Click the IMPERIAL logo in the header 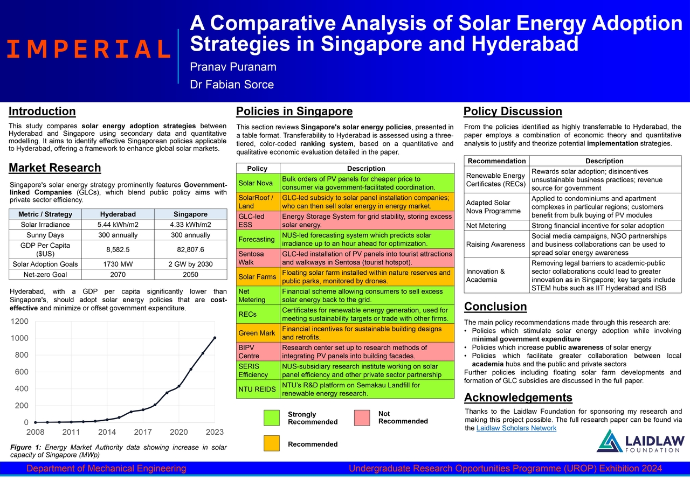pyautogui.click(x=89, y=49)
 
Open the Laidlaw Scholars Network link pyautogui.click(x=516, y=428)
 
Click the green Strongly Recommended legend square pyautogui.click(x=272, y=418)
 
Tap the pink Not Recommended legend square pyautogui.click(x=362, y=418)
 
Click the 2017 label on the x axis pyautogui.click(x=143, y=432)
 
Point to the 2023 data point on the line pyautogui.click(x=215, y=338)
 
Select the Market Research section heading pyautogui.click(x=55, y=168)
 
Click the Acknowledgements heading pyautogui.click(x=518, y=398)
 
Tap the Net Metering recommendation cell pyautogui.click(x=496, y=226)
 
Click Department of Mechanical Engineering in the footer pyautogui.click(x=106, y=469)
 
